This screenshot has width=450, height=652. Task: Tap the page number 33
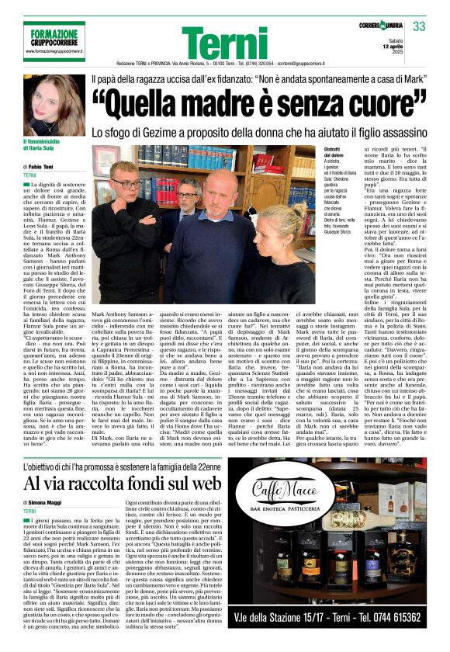[420, 27]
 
